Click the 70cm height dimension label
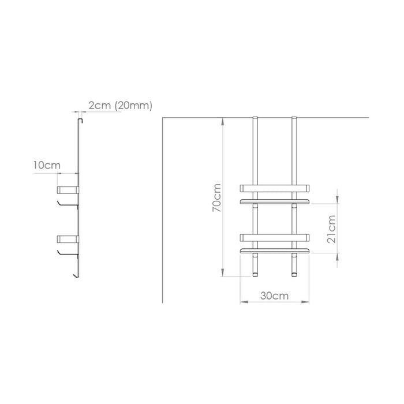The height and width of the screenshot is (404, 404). click(x=216, y=197)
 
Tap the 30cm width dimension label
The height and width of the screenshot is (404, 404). click(x=274, y=295)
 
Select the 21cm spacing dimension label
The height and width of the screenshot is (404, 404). click(x=331, y=229)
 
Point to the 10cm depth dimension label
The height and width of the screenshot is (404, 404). click(x=47, y=165)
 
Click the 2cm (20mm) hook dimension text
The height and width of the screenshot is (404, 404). click(x=120, y=106)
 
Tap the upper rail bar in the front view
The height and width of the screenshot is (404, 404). click(x=274, y=188)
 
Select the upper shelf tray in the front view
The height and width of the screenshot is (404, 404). click(x=274, y=201)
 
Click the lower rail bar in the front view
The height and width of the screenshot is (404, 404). click(x=274, y=238)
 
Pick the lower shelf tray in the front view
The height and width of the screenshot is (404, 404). click(x=274, y=250)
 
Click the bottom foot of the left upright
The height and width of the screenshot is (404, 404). click(x=255, y=274)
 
